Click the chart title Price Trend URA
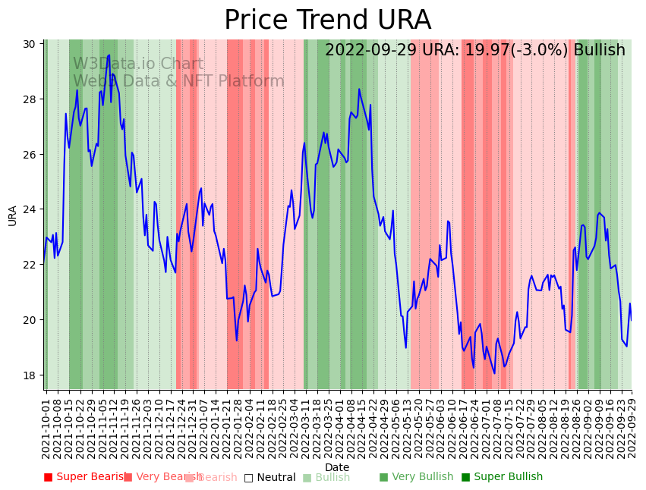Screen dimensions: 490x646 click(x=327, y=20)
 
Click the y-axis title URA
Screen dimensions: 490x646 click(x=12, y=215)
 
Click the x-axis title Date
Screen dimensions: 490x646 click(x=337, y=467)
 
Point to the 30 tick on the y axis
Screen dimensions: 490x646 click(x=31, y=44)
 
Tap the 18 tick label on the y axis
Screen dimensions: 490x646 click(x=31, y=375)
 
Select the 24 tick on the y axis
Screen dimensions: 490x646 click(x=31, y=209)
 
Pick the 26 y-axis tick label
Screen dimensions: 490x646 click(x=31, y=154)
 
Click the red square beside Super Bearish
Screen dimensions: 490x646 click(x=49, y=477)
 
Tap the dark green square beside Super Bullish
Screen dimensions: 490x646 click(x=466, y=477)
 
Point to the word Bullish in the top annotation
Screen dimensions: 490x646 click(x=600, y=50)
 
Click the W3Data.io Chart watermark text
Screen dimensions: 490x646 click(x=138, y=64)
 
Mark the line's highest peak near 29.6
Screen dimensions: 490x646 click(x=109, y=55)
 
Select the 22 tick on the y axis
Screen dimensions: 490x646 click(x=31, y=264)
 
